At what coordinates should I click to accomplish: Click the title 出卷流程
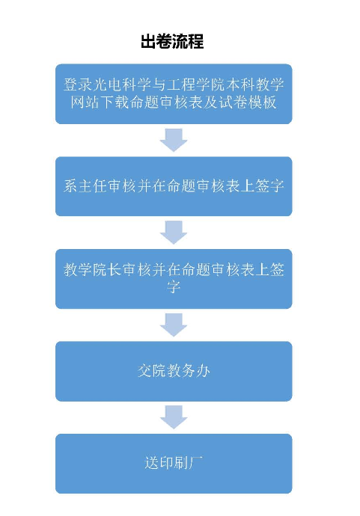pos(172,41)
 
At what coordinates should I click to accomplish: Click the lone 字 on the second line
pos(174,287)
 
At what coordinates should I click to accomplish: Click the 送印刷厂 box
pos(174,464)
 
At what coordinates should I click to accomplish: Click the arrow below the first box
pos(174,140)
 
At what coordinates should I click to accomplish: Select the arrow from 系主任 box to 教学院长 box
pos(174,233)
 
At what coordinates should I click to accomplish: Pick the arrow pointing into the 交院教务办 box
pos(174,325)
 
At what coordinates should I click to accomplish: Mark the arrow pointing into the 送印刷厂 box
pos(174,417)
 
